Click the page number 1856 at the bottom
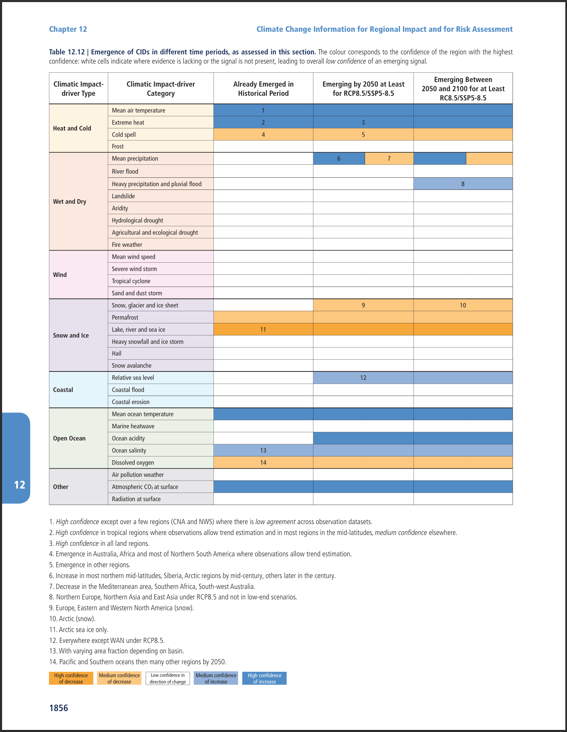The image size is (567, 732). tap(59, 708)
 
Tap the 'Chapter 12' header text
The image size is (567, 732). tap(68, 29)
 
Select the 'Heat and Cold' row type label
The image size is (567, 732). tap(72, 128)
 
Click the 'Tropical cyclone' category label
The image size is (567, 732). tap(131, 281)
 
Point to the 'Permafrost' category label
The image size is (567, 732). tap(125, 317)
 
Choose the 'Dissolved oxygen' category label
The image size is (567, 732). tap(133, 463)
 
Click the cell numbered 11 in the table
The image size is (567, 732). tap(263, 330)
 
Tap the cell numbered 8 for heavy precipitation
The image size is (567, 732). tap(463, 184)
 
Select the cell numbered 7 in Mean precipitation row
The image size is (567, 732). tap(389, 159)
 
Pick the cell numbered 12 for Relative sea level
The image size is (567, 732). tap(363, 378)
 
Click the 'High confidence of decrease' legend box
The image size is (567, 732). tap(71, 678)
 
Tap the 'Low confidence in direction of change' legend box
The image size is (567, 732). tap(168, 678)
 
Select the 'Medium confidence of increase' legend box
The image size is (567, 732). tap(216, 678)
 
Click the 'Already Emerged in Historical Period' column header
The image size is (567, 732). tap(263, 89)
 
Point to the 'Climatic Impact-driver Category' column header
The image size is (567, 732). tap(161, 89)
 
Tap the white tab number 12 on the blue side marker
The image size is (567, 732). tap(20, 485)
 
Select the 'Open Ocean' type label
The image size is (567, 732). tap(69, 438)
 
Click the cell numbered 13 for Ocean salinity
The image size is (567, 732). tap(263, 450)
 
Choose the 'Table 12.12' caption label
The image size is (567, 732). tap(67, 52)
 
